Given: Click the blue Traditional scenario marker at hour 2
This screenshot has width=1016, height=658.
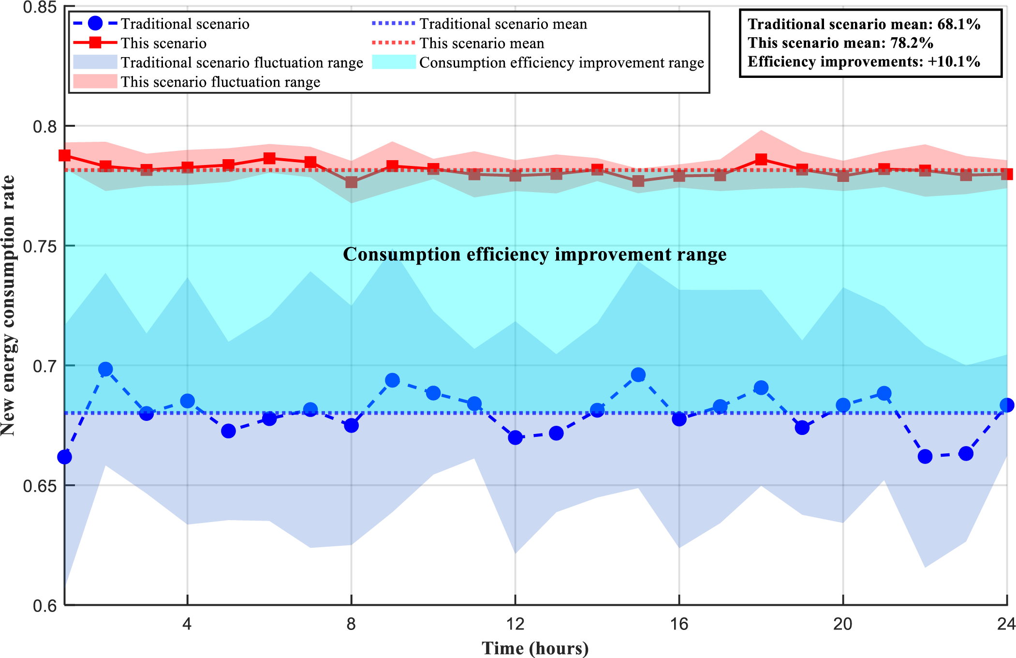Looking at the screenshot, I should tap(105, 370).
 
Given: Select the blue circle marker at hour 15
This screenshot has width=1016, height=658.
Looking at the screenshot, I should tap(638, 375).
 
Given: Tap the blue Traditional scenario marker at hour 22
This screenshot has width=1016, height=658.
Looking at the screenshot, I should tap(925, 456).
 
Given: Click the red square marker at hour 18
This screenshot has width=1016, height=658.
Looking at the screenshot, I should tap(761, 159).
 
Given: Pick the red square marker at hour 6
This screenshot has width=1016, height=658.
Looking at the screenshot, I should tap(269, 158).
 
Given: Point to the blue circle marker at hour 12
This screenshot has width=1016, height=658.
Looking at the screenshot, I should tap(515, 438).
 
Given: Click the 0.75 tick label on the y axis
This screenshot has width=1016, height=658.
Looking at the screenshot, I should tap(43, 246).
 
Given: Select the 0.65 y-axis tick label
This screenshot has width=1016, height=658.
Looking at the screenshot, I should tap(43, 485).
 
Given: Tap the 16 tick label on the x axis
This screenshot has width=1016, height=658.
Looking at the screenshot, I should tap(679, 624).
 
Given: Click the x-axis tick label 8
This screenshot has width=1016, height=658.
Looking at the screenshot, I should tap(351, 624).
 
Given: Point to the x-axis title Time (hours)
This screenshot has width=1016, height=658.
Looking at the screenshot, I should tap(535, 648).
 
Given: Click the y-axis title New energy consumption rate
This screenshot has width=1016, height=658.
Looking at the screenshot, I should tap(9, 306).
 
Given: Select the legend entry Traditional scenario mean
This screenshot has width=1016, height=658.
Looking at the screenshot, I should tap(503, 24).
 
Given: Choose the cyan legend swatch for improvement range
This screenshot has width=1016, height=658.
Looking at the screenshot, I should tap(394, 62).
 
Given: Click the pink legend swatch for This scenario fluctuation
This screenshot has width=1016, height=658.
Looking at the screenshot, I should tap(95, 82).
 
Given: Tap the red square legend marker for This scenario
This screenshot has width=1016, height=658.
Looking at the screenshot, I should tap(95, 43).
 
